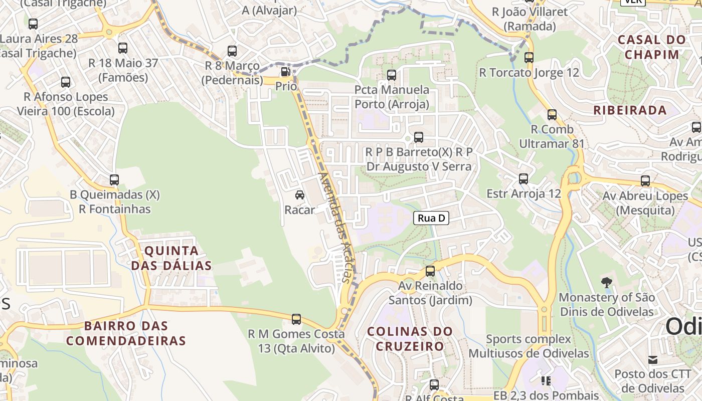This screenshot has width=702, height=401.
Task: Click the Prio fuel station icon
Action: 285,72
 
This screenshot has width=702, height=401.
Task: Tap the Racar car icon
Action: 300,195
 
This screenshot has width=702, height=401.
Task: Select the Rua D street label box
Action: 431,218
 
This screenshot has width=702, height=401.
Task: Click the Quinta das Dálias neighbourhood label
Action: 171,258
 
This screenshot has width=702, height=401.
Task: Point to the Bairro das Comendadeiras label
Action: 126,333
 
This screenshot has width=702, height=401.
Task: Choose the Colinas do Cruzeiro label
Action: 410,339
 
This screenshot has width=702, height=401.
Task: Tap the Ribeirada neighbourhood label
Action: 630,110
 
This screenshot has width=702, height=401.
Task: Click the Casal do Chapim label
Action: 644,47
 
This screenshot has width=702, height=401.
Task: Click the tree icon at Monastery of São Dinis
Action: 607,282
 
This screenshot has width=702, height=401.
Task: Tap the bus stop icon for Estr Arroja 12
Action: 523,179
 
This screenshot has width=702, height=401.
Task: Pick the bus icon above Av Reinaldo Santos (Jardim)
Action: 430,271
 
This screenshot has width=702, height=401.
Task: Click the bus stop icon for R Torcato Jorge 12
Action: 529,58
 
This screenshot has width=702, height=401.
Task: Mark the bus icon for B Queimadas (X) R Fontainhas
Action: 114,180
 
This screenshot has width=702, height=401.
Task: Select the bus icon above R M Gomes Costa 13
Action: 296,319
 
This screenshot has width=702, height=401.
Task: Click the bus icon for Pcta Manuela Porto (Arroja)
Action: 392,75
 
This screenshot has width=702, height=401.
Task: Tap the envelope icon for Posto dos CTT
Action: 652,360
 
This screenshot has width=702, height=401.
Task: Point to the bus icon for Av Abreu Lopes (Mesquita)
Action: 645,181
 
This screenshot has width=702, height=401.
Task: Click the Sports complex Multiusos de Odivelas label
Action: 529,346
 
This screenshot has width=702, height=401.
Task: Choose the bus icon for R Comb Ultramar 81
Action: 552,115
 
